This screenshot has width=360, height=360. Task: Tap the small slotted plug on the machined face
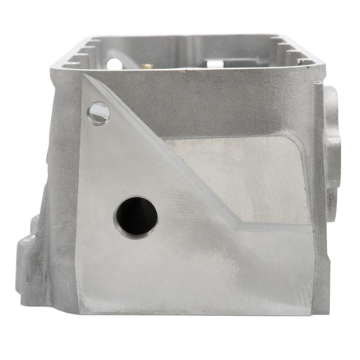(x=98, y=113)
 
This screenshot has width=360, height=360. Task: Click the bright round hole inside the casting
(x=113, y=63)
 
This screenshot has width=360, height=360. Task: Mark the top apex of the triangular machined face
(x=84, y=76)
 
